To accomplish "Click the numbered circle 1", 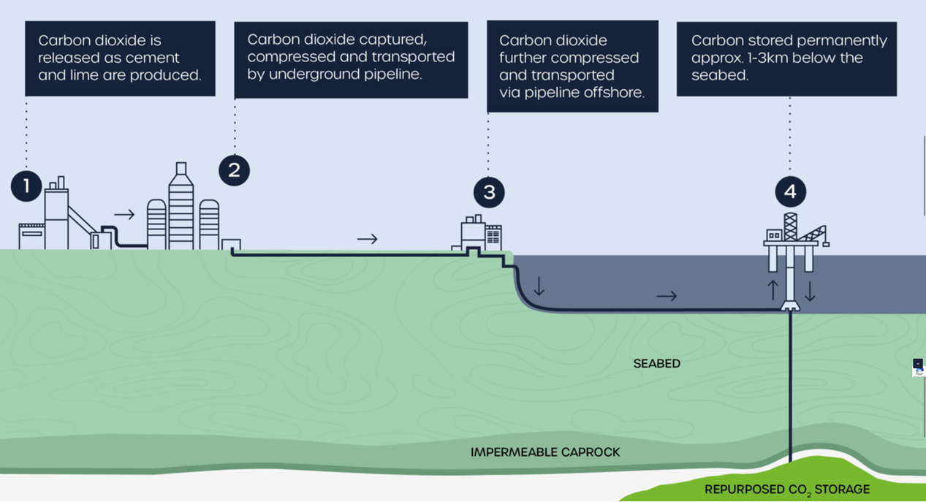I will point(26,186).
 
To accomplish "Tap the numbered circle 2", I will point(234,170).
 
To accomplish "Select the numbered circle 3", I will point(489,192).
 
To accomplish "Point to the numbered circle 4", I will point(790,192).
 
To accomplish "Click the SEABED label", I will point(656,363).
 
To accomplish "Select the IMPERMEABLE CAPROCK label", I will point(545,452).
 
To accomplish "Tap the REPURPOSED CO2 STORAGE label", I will point(786,490).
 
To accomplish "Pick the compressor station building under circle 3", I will point(482,234).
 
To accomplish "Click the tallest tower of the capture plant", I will point(181,208).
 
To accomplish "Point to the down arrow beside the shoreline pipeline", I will point(539,286).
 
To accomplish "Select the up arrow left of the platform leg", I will point(773,290).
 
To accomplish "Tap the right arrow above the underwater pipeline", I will point(667,296).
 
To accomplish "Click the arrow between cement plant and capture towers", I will point(125,214).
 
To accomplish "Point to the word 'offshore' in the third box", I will point(614,93).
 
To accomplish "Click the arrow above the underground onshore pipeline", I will point(367,238).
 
